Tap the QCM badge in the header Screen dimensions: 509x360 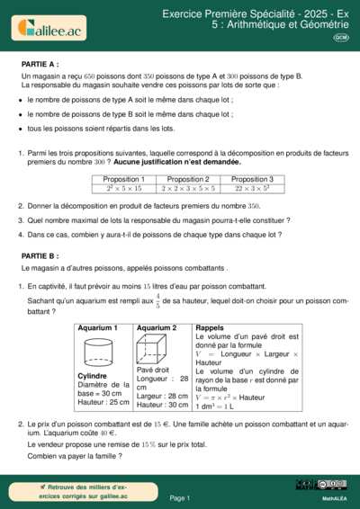click(x=341, y=38)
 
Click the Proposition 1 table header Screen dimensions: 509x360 click(x=123, y=180)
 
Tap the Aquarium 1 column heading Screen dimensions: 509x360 click(x=98, y=328)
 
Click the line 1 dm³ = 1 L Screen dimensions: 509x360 click(x=213, y=406)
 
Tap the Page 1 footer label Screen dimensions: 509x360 click(x=179, y=496)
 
